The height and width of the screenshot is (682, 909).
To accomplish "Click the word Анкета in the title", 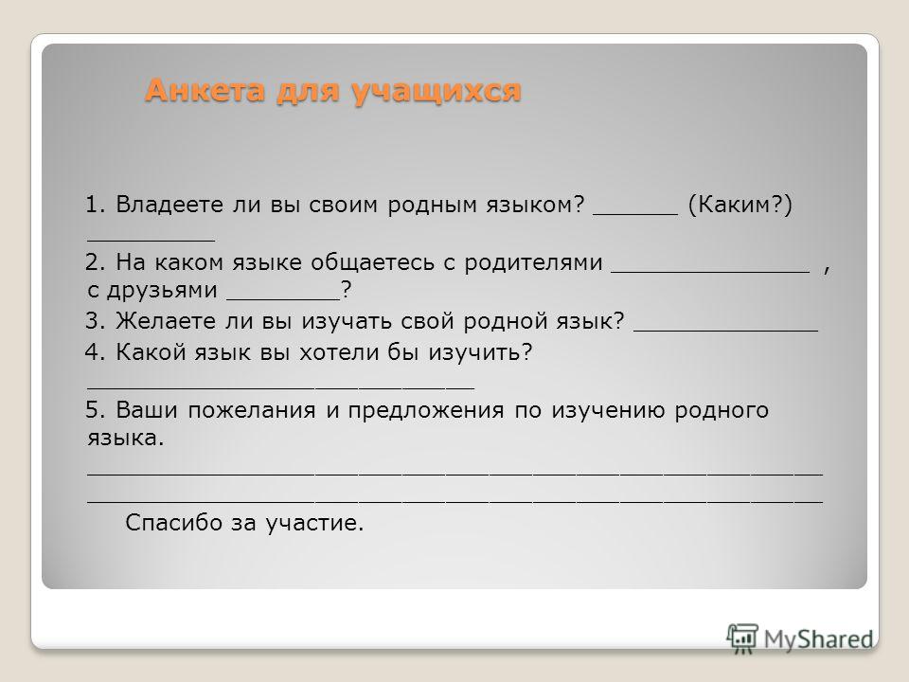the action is coord(205,90).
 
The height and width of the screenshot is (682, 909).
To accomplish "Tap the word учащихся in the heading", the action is coord(437,91).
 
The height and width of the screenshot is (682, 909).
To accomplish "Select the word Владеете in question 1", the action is coord(169,205).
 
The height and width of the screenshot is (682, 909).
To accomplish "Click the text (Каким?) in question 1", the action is coord(740,205).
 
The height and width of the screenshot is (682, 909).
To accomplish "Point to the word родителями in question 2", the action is coord(533,262).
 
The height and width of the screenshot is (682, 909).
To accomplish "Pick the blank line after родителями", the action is coord(711,272).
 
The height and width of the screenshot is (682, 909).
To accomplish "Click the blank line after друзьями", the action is coord(283,299).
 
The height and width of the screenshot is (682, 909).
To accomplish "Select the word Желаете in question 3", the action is coord(165,321).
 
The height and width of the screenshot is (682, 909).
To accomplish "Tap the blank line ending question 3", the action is coord(726,330).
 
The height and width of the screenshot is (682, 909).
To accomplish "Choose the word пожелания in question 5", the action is coord(252,410).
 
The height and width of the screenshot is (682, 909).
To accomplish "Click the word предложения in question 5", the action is coord(426,411).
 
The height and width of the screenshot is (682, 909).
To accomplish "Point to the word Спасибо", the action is coord(174,523).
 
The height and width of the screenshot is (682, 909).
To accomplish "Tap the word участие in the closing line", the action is coord(314,523).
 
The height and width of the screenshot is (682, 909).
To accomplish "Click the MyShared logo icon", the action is coord(742,639).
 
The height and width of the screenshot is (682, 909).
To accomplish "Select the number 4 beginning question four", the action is coord(92,352).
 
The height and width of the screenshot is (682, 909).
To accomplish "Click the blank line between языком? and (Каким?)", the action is coord(635,213).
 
